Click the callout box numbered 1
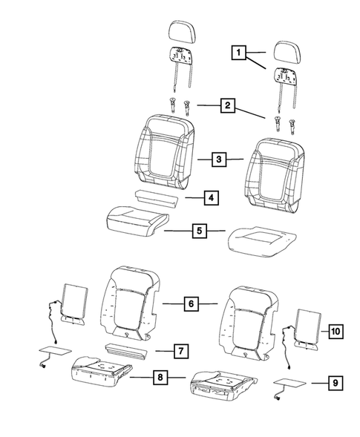(x=238, y=53)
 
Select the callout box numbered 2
(x=228, y=106)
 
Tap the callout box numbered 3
(x=217, y=159)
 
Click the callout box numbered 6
(x=191, y=303)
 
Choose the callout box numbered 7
(x=180, y=349)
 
